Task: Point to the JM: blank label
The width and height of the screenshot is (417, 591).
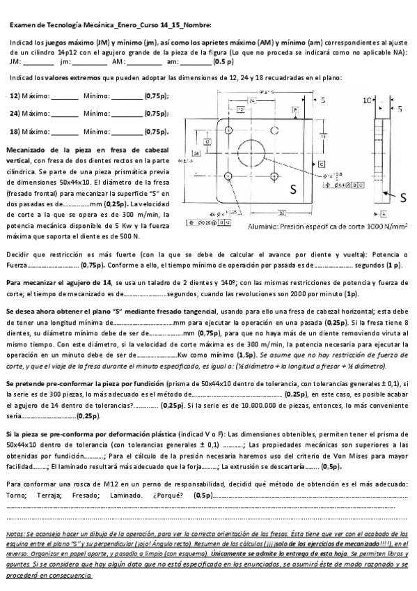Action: click(16, 62)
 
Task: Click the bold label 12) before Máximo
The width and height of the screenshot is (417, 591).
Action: click(15, 95)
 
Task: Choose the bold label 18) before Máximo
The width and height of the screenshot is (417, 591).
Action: click(15, 130)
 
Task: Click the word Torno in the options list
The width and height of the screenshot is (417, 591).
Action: click(15, 494)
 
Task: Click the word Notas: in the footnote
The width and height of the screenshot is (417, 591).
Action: click(15, 532)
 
